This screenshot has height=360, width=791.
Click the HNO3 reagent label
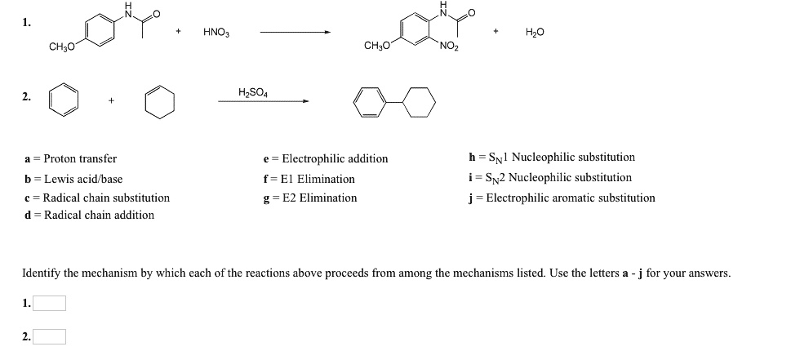[x=216, y=33]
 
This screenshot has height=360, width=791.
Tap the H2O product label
[x=534, y=33]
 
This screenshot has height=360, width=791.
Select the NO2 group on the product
[x=449, y=46]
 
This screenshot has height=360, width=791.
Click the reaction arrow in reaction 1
[x=295, y=33]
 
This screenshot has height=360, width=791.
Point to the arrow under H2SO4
[x=263, y=101]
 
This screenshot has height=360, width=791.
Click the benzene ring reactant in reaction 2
[x=64, y=101]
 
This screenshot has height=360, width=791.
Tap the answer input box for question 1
[x=49, y=304]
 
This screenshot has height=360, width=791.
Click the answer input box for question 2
[x=49, y=336]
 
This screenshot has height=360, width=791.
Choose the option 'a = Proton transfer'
[x=71, y=158]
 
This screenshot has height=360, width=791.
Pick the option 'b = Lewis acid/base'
[x=73, y=179]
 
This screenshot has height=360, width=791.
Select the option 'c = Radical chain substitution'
[x=97, y=198]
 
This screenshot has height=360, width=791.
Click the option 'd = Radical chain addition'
[x=89, y=215]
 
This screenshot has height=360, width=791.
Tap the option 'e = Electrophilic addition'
[x=326, y=158]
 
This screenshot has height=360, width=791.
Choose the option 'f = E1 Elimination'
[x=309, y=179]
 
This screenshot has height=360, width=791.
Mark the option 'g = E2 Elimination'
[x=309, y=198]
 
